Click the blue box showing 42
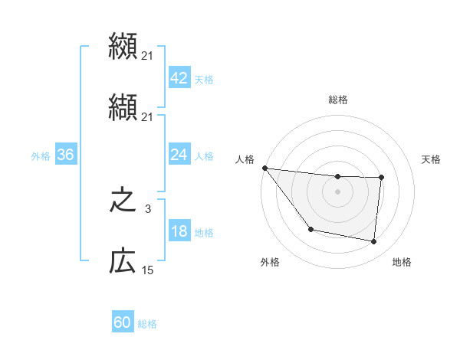(x=179, y=77)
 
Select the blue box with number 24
(x=179, y=155)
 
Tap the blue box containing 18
(x=179, y=231)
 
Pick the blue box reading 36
(x=65, y=155)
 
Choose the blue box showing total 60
(x=123, y=322)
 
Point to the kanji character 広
(x=123, y=262)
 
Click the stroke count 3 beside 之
(x=148, y=208)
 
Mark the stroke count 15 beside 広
(x=148, y=270)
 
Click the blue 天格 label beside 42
(x=204, y=79)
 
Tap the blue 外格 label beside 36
(x=41, y=155)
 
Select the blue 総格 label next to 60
(x=147, y=324)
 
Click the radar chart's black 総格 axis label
(x=338, y=100)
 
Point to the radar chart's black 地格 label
(x=402, y=262)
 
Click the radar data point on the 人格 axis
(x=264, y=168)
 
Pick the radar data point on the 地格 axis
(x=374, y=242)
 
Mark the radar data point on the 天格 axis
(x=381, y=178)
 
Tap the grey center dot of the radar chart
(x=338, y=191)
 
